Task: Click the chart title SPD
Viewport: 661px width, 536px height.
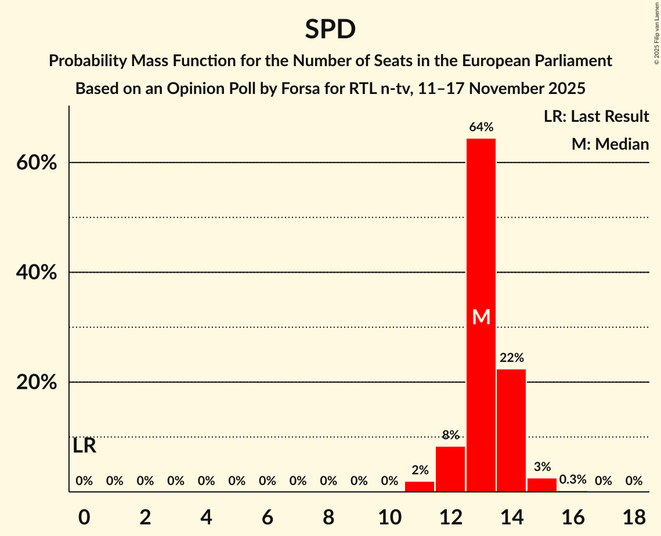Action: [330, 29]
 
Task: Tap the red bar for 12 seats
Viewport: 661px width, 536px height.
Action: [450, 469]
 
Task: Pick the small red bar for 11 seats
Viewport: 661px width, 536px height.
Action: [420, 487]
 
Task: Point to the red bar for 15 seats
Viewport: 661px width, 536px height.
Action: [541, 485]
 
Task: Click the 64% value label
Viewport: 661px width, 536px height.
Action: [481, 127]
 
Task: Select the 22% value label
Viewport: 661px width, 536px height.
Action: [511, 358]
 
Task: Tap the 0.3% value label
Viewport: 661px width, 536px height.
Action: [572, 480]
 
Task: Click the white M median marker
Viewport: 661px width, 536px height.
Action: [481, 317]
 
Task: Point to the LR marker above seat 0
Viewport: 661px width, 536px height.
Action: [85, 446]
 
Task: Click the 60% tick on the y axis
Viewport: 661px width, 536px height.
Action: [37, 163]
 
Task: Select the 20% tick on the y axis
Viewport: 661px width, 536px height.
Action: [37, 383]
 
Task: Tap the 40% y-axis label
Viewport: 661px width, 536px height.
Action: [37, 273]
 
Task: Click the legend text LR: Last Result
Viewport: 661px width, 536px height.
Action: [596, 117]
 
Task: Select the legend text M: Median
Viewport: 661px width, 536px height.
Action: [610, 144]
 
